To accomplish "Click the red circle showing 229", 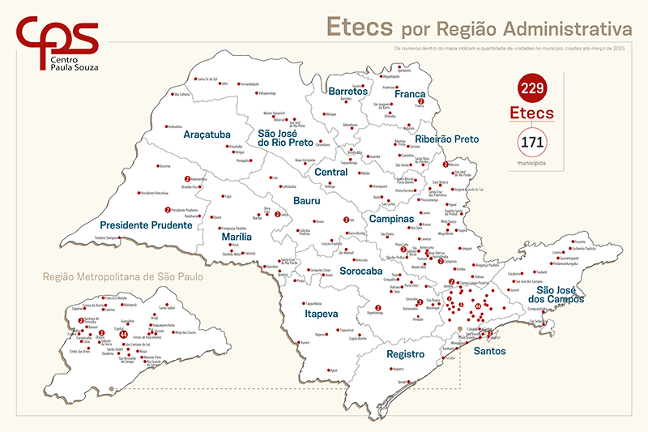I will [x=531, y=87].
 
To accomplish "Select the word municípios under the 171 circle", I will [x=531, y=163].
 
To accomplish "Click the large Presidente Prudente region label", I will [x=146, y=225].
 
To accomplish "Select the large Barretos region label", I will [x=349, y=92].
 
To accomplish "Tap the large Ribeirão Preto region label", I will [x=446, y=139].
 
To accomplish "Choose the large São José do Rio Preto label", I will [x=286, y=138].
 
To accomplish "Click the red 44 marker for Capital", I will [x=123, y=334].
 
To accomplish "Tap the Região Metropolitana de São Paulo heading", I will [x=122, y=276].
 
